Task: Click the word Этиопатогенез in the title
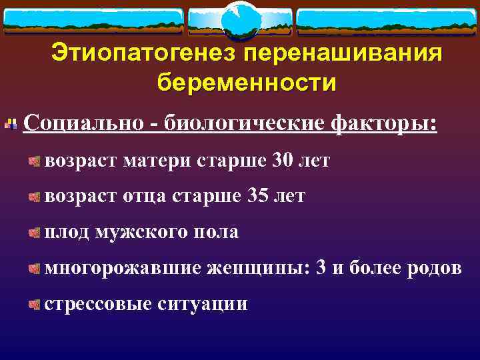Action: [x=143, y=53]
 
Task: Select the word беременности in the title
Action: [x=247, y=84]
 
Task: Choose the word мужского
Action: [x=141, y=232]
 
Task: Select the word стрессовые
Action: [x=98, y=304]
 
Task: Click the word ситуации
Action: [x=203, y=304]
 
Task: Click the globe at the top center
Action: [x=239, y=20]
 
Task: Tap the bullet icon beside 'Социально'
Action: [x=11, y=124]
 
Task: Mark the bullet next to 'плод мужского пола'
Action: [x=33, y=233]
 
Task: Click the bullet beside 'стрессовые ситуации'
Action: [x=33, y=305]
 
